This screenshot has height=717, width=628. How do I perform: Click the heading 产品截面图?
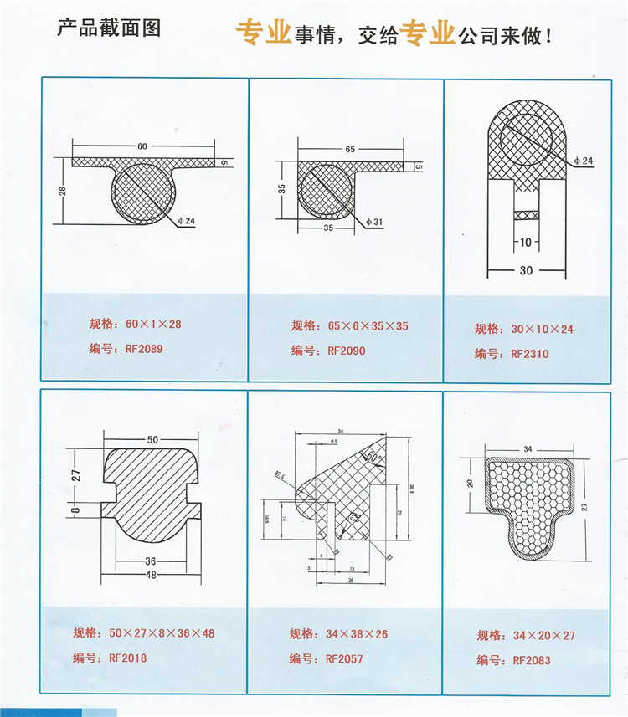pyautogui.click(x=108, y=28)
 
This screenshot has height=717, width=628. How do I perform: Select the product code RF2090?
pyautogui.click(x=347, y=351)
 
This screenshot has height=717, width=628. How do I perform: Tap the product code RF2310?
pyautogui.click(x=529, y=354)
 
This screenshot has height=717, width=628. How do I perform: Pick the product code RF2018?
pyautogui.click(x=128, y=658)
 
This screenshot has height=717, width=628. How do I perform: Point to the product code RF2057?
pyautogui.click(x=344, y=658)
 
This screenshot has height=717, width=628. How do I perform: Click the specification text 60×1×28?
pyautogui.click(x=153, y=324)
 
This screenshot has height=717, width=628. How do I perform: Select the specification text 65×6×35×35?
pyautogui.click(x=368, y=326)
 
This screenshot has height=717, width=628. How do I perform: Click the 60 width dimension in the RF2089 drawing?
pyautogui.click(x=142, y=147)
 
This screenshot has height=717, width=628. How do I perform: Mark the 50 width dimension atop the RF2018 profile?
pyautogui.click(x=152, y=438)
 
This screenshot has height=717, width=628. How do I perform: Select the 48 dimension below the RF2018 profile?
pyautogui.click(x=152, y=575)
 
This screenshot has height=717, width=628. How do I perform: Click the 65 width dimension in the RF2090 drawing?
pyautogui.click(x=349, y=149)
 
